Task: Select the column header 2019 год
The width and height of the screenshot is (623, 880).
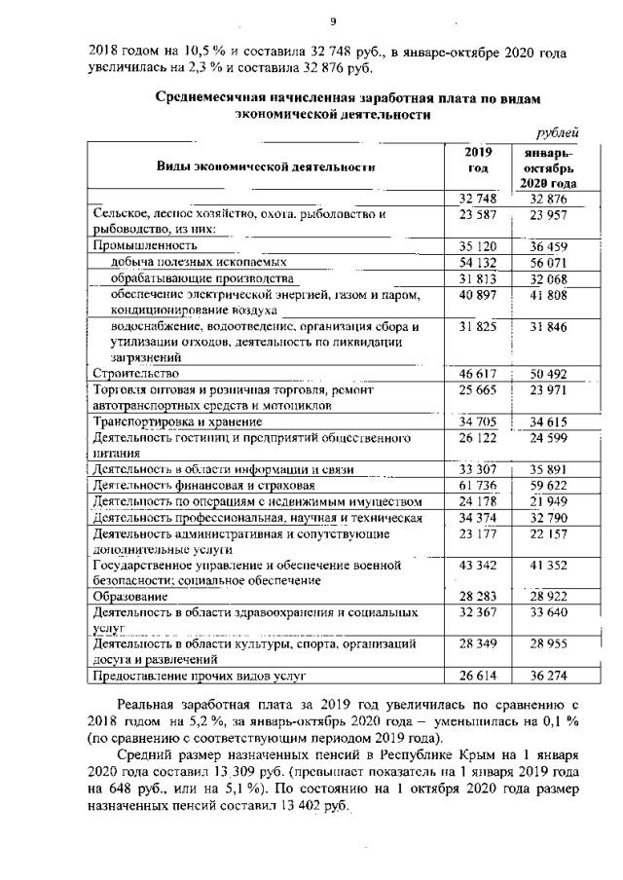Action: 477,161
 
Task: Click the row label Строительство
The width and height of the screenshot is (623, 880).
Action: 135,373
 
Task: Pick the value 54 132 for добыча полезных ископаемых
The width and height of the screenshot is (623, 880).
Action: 476,263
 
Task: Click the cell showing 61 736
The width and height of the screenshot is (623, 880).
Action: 476,485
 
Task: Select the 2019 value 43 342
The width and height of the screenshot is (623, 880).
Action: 476,565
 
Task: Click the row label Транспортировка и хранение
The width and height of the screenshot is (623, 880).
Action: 177,422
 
